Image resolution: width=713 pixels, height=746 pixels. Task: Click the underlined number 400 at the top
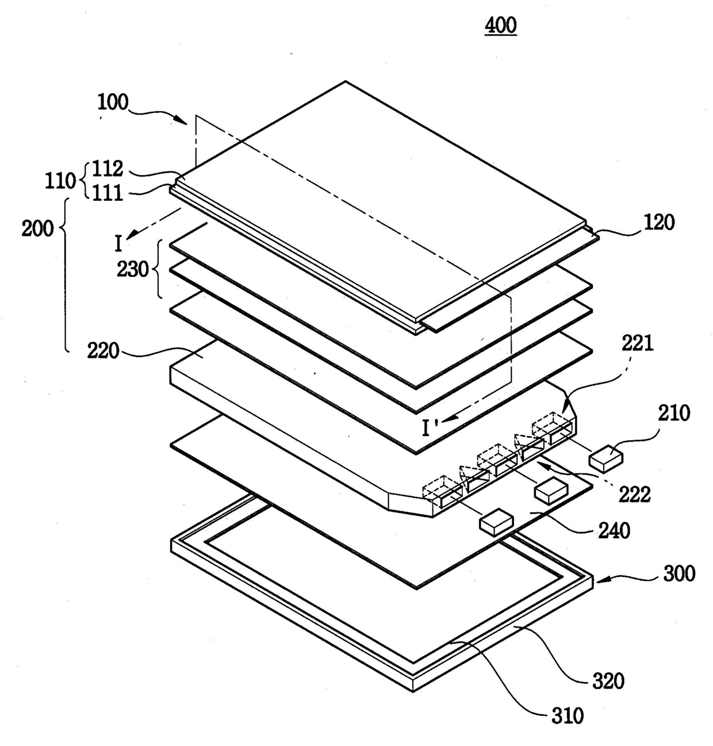(x=501, y=26)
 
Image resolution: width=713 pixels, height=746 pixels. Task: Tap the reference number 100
(x=113, y=102)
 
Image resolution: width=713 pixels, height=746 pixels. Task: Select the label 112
(x=109, y=169)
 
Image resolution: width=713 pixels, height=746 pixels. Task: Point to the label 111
(x=109, y=193)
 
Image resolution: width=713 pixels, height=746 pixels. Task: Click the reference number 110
(x=60, y=181)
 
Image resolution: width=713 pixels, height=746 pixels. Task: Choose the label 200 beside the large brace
(x=37, y=228)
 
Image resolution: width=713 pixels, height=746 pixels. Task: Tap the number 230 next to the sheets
(x=133, y=269)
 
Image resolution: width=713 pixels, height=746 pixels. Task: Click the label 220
(x=103, y=350)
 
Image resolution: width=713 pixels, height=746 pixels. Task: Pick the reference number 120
(x=659, y=222)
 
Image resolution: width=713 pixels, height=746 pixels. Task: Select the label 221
(x=638, y=343)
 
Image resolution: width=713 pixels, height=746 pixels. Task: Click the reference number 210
(x=674, y=413)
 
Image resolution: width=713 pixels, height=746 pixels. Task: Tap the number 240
(x=614, y=530)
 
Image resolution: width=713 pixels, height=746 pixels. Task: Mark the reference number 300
(x=679, y=573)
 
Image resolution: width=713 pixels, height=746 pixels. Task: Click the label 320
(x=608, y=681)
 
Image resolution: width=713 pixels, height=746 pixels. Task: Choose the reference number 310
(x=567, y=716)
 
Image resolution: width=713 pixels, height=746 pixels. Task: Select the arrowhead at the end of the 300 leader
(x=598, y=582)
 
